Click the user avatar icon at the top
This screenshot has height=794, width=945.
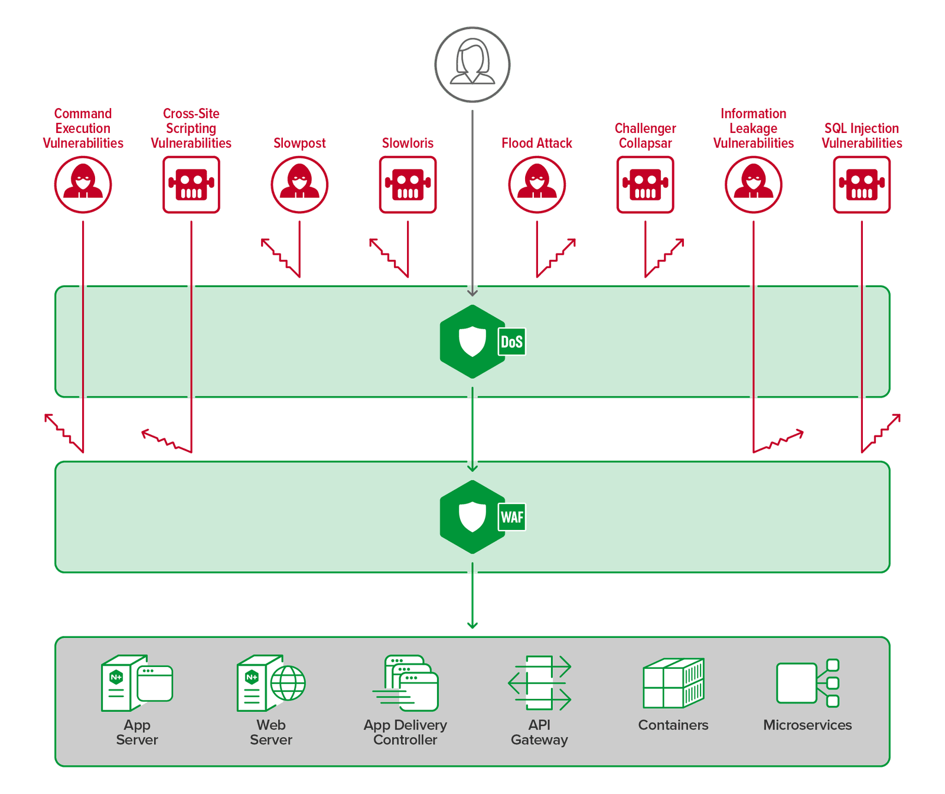click(x=472, y=64)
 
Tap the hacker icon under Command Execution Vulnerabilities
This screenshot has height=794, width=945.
click(x=83, y=184)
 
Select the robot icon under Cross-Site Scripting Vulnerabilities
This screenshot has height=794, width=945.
click(x=191, y=184)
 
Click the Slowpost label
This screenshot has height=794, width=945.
click(x=299, y=143)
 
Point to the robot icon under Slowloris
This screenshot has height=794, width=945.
click(x=408, y=184)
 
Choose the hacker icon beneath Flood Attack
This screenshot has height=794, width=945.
click(x=537, y=184)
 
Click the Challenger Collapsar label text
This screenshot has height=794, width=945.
click(x=645, y=136)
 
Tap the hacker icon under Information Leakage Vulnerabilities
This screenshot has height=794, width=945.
click(x=753, y=184)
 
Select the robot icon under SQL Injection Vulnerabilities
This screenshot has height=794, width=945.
click(x=862, y=184)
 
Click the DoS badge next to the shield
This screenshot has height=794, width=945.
click(x=511, y=341)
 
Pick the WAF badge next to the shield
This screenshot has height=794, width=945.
click(x=511, y=517)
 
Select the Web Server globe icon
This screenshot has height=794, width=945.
click(x=288, y=683)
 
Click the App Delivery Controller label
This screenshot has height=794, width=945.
click(x=405, y=732)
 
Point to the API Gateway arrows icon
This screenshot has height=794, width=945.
click(x=539, y=683)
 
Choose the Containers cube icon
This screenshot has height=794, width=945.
click(x=673, y=683)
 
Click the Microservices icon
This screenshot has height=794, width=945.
click(x=807, y=683)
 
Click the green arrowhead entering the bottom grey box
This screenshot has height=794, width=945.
click(x=472, y=625)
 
